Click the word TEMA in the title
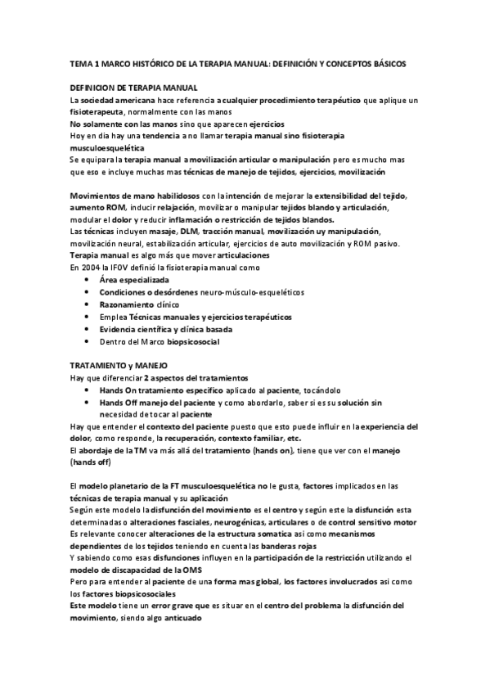coord(80,62)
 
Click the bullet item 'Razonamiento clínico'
coord(139,304)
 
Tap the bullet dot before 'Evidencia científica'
coord(88,328)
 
